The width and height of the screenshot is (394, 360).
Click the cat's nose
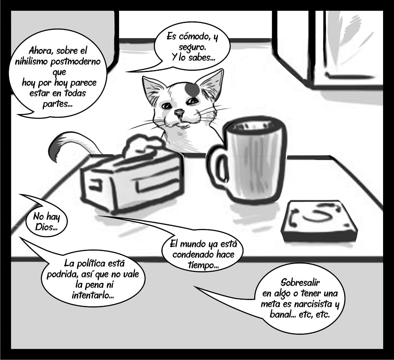pos(179,112)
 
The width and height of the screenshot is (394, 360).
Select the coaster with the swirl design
pos(319,220)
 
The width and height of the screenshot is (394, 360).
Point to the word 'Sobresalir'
pos(300,282)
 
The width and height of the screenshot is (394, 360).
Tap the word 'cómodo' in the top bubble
pos(193,37)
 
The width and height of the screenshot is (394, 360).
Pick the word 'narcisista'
pos(313,304)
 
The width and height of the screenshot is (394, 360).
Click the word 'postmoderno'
pos(75,62)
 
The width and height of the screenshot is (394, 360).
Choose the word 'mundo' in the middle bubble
pos(193,244)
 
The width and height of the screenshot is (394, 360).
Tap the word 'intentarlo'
pos(93,295)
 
